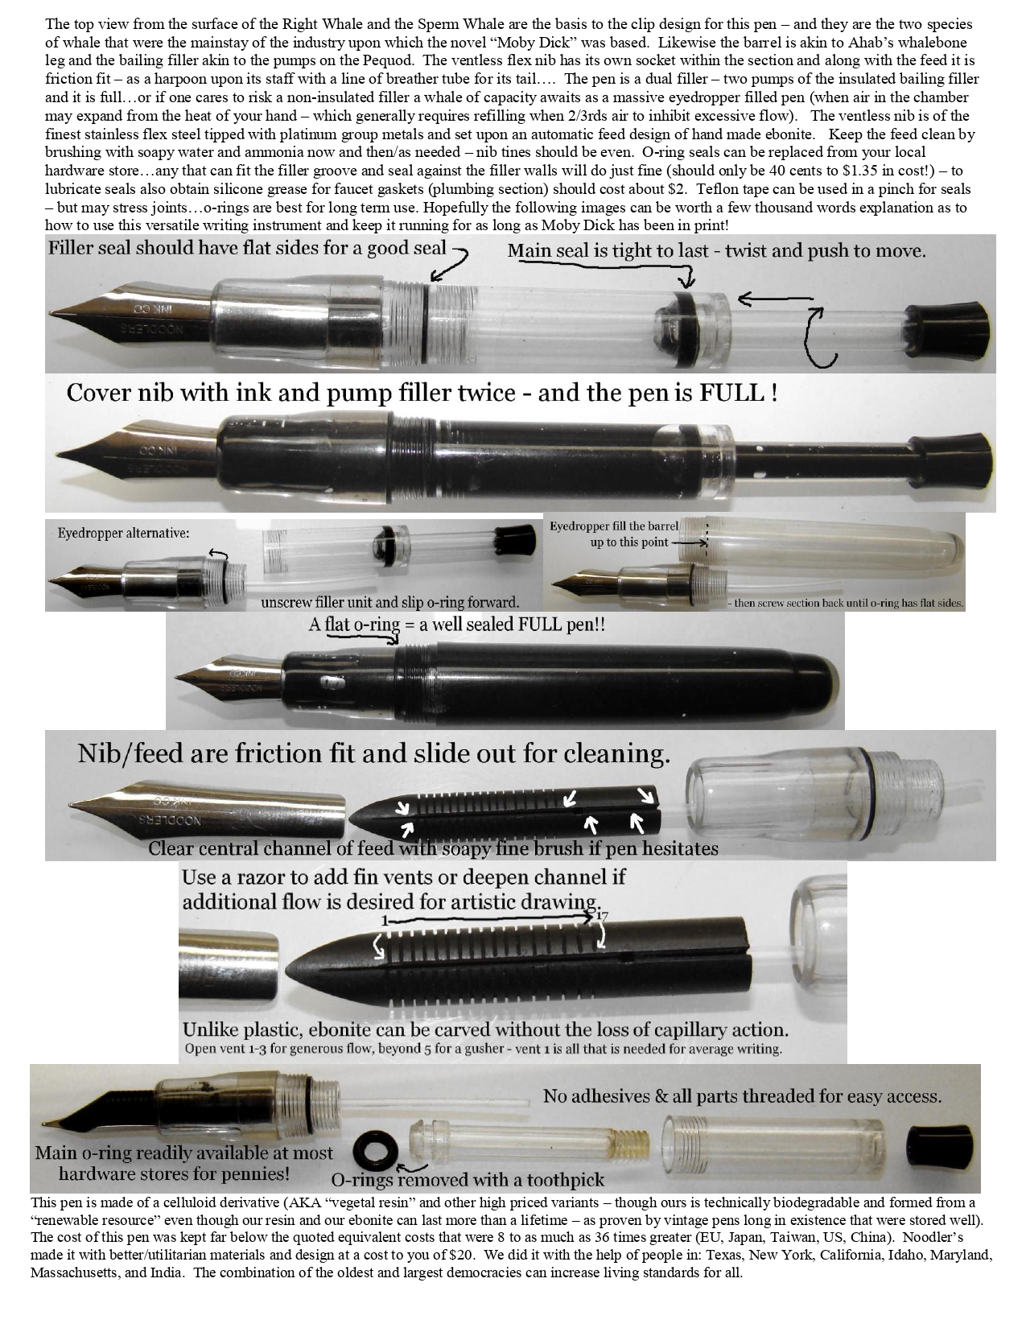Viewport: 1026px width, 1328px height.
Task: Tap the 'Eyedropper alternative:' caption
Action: coord(123,533)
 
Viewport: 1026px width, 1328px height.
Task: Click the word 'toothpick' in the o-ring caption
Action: coord(562,1179)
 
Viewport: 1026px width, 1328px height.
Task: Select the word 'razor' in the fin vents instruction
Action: coord(259,877)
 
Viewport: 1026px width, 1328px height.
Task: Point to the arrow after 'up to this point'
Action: coord(688,542)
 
